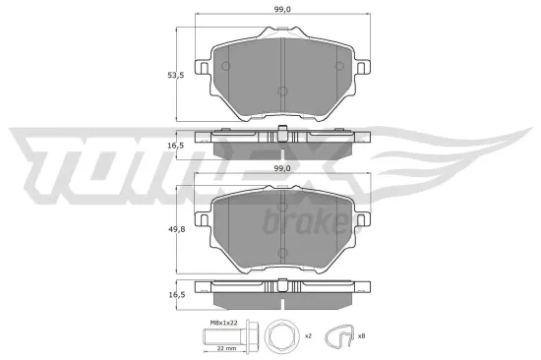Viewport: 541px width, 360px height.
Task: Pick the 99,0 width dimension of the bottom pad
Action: [281, 168]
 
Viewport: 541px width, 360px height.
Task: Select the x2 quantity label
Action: [307, 336]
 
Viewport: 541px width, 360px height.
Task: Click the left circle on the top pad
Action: [224, 67]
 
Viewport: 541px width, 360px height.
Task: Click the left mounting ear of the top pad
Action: [204, 69]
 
